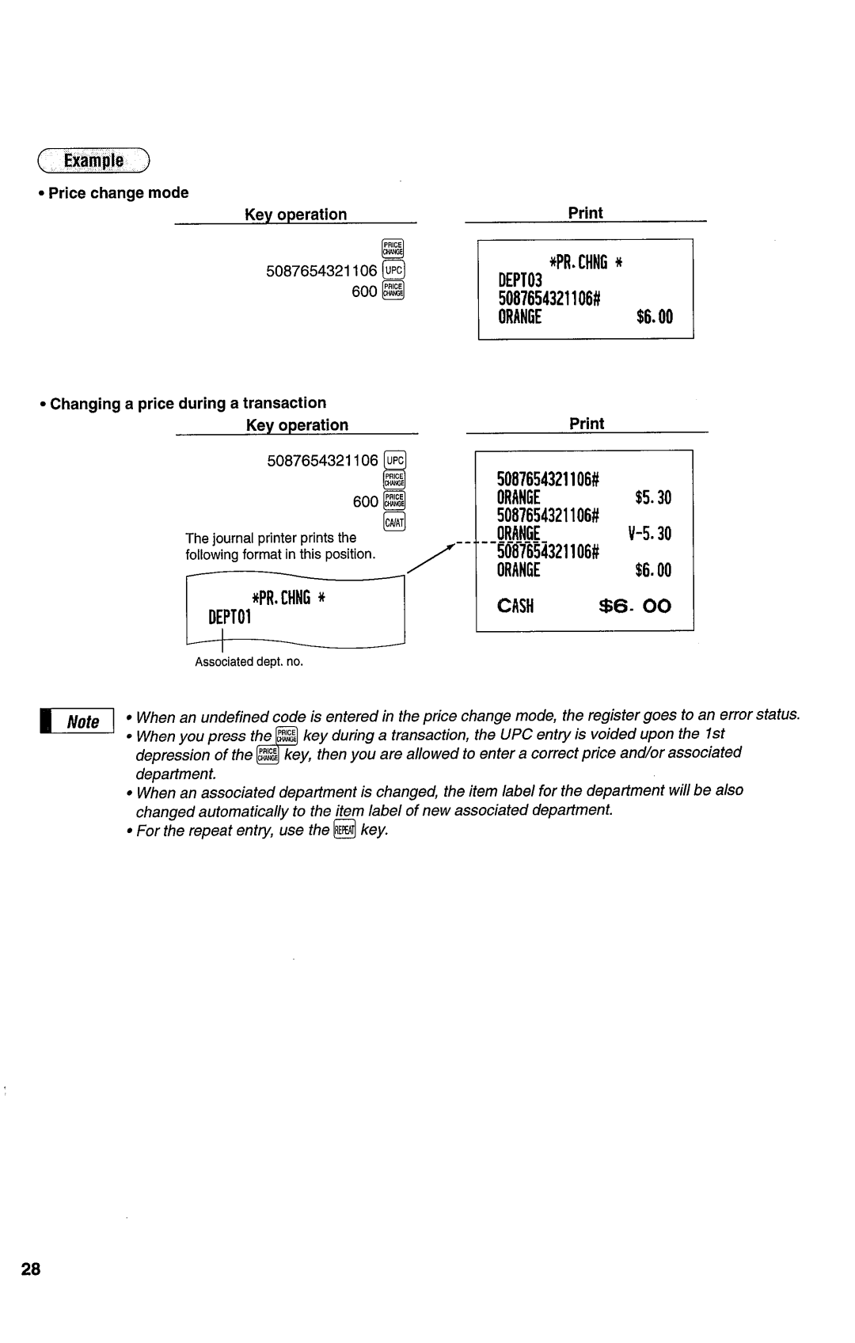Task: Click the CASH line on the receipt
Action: [x=517, y=607]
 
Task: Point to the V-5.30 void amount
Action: [x=649, y=534]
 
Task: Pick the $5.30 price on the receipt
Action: [x=652, y=497]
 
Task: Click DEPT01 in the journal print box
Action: [x=230, y=617]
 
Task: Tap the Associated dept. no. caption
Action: [x=249, y=661]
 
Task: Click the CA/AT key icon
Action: [x=393, y=522]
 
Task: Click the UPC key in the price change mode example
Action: [x=393, y=271]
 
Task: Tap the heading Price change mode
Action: [x=119, y=192]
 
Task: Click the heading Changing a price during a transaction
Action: [x=188, y=403]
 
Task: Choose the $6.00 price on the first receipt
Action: [x=654, y=317]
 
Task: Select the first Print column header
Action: [x=586, y=212]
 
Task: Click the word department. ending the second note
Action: [x=175, y=773]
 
